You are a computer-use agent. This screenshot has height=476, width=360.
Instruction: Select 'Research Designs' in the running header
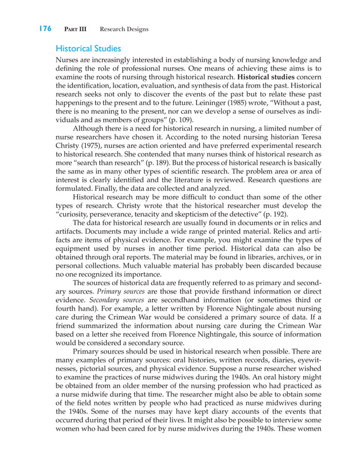tap(124, 29)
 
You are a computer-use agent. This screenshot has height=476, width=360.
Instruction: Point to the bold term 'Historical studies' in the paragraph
tap(265, 76)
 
